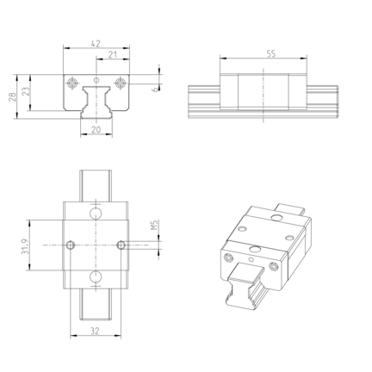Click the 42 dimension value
pyautogui.click(x=96, y=44)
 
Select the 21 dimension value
pyautogui.click(x=113, y=54)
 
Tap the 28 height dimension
pyautogui.click(x=12, y=96)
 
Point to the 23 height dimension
pyautogui.click(x=26, y=91)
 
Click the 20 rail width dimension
pyautogui.click(x=96, y=130)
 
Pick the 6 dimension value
pyautogui.click(x=155, y=90)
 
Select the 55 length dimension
pyautogui.click(x=271, y=53)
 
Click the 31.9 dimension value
pyautogui.click(x=25, y=247)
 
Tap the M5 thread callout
pyautogui.click(x=154, y=225)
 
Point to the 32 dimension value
pyautogui.click(x=95, y=331)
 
